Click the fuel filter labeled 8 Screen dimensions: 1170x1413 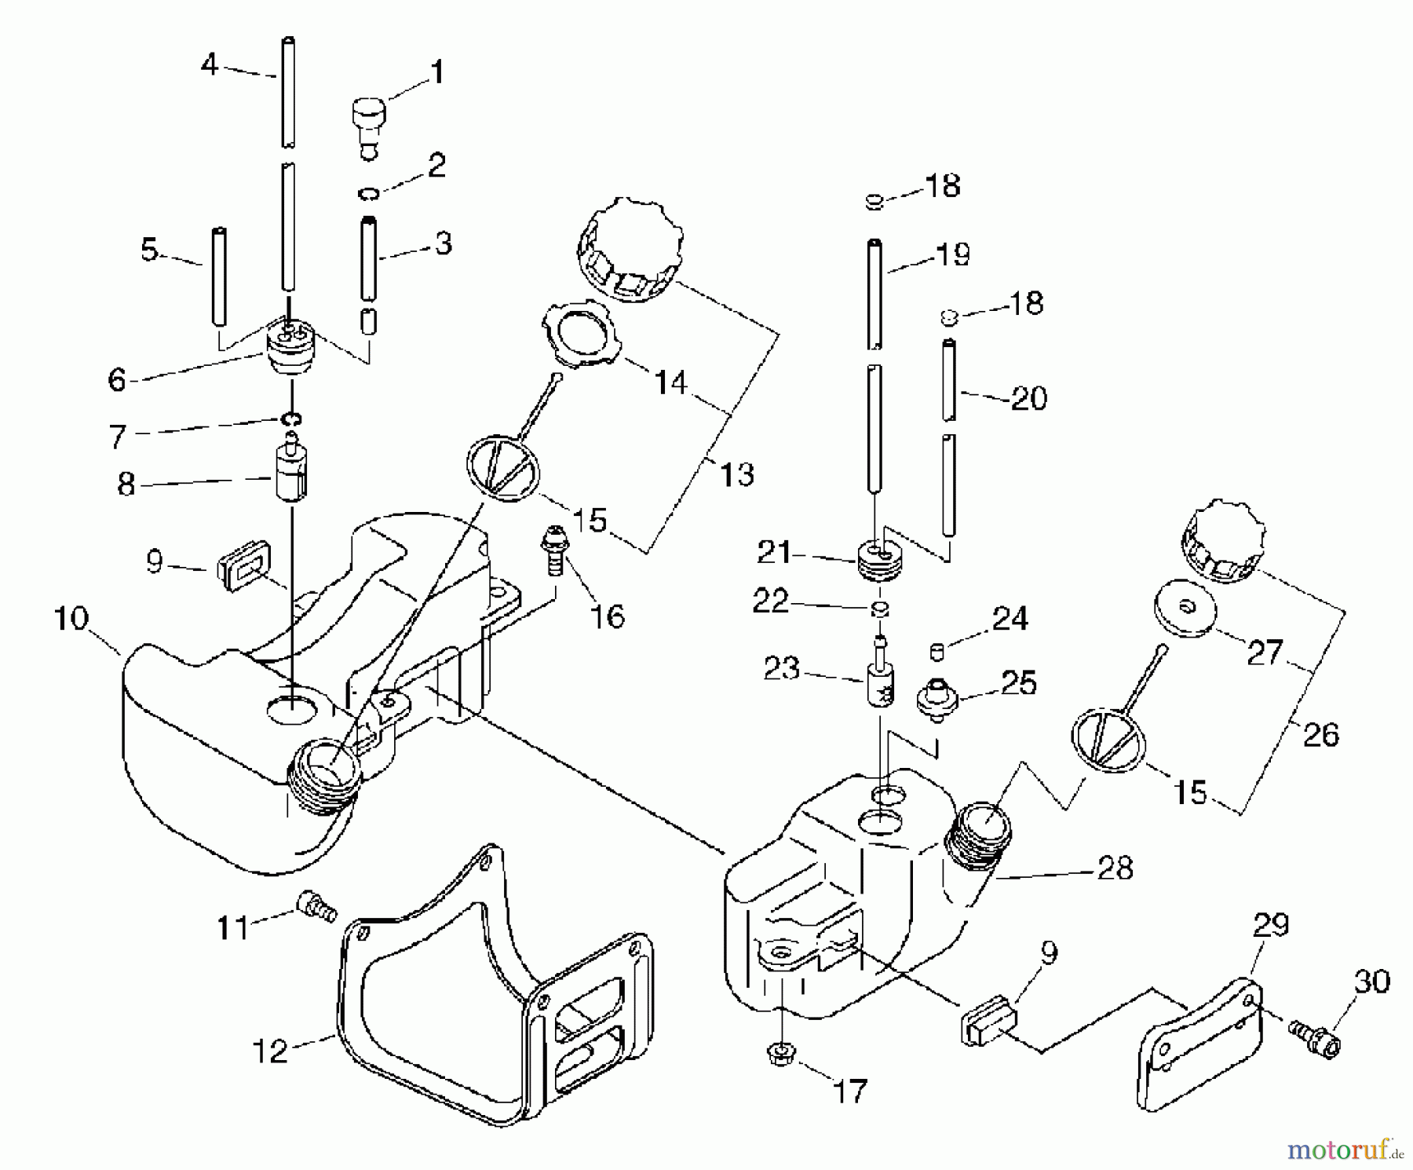[291, 470]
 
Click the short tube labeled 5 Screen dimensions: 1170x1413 [219, 276]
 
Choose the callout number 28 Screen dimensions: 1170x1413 [1115, 868]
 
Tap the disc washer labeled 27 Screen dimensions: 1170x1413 [1185, 608]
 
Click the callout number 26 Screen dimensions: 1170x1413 [1320, 735]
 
